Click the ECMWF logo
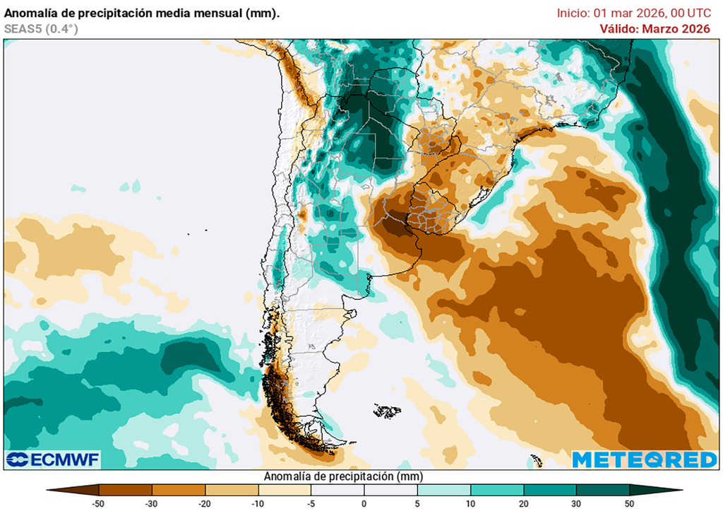click(x=54, y=460)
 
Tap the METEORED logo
click(x=644, y=460)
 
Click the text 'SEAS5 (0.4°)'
click(x=41, y=29)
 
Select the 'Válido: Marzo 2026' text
click(x=655, y=29)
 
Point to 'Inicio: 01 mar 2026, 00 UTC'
click(x=634, y=13)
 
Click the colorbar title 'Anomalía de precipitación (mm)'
click(x=343, y=476)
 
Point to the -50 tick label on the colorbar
click(x=99, y=503)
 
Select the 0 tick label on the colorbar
click(x=364, y=503)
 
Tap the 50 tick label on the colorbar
click(x=629, y=503)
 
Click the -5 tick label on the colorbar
click(x=311, y=503)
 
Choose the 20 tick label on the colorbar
click(x=523, y=503)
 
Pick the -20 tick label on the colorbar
click(x=205, y=503)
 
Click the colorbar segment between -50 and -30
click(x=126, y=489)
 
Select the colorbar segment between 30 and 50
click(x=602, y=489)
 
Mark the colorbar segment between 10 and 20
click(x=496, y=489)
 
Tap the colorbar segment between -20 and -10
click(x=232, y=489)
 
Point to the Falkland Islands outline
click(x=387, y=411)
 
